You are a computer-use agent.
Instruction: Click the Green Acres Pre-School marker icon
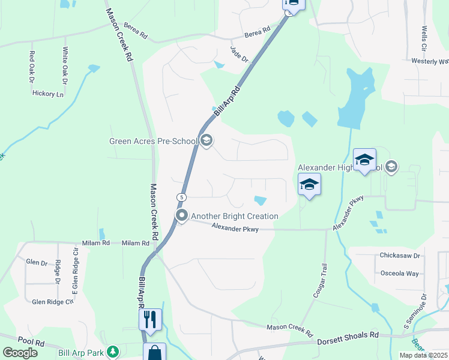(x=206, y=141)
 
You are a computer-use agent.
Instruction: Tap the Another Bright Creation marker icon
(x=182, y=215)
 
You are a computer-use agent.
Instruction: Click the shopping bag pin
(x=154, y=352)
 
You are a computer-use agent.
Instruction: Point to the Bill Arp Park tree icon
(x=112, y=351)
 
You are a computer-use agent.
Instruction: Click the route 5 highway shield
(x=181, y=197)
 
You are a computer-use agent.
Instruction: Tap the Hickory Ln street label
(x=48, y=94)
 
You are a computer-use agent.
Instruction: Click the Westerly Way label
(x=430, y=61)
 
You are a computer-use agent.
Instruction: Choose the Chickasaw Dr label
(x=399, y=256)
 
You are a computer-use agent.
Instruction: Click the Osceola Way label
(x=400, y=274)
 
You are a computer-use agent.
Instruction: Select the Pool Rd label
(x=31, y=342)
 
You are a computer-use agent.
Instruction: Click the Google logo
(x=20, y=353)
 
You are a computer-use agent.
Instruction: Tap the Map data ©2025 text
(x=423, y=355)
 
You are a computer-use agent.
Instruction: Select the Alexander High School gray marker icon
(x=391, y=166)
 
